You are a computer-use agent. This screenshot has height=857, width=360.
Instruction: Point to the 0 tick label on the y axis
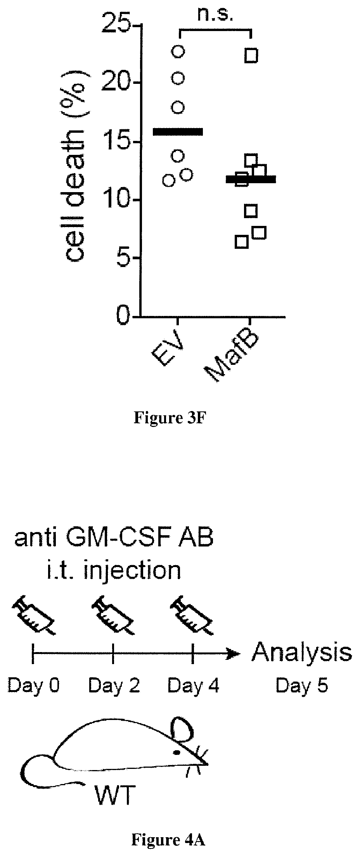point(123,317)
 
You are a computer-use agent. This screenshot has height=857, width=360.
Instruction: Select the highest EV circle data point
point(178,51)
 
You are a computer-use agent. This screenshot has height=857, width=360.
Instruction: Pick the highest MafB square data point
point(251,56)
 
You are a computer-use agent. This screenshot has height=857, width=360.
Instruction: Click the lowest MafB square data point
point(241,242)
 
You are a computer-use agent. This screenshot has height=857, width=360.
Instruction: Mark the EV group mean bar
point(178,132)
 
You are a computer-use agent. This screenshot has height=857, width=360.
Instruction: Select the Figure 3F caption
point(168,418)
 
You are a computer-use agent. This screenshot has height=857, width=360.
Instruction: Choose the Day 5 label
point(302,685)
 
